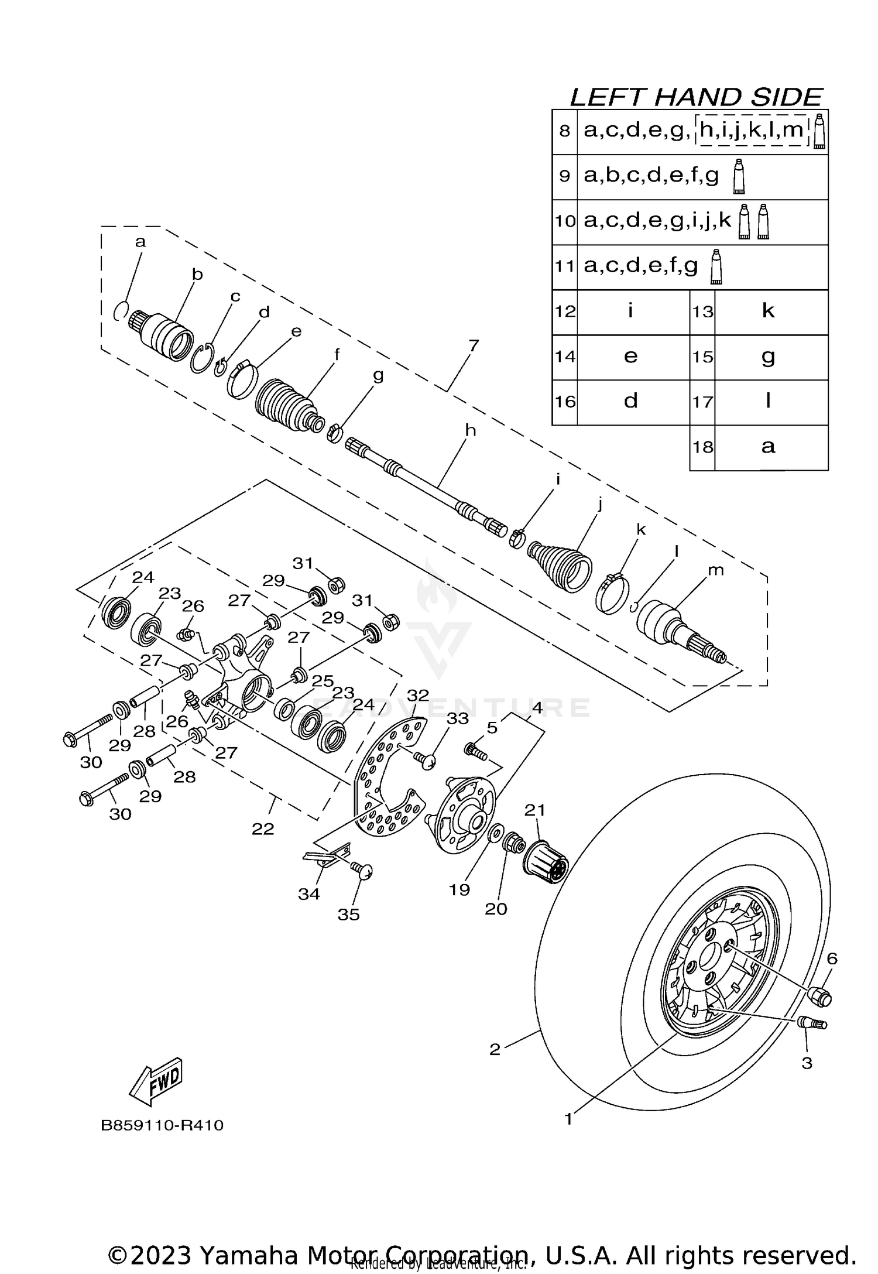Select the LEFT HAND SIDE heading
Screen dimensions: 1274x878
697,97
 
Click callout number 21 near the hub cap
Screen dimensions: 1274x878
534,810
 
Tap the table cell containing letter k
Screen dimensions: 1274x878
768,311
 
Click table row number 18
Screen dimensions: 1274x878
703,447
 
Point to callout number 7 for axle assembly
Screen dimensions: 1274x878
474,345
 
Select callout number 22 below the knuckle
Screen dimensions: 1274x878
263,828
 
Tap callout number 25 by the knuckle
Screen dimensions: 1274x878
322,681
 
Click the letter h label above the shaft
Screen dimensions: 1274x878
470,431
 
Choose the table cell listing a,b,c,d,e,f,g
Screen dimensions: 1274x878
651,176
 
